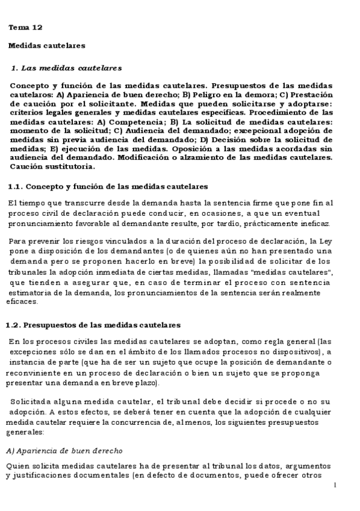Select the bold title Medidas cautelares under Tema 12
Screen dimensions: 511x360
(46, 45)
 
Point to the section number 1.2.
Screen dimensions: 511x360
(13, 325)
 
